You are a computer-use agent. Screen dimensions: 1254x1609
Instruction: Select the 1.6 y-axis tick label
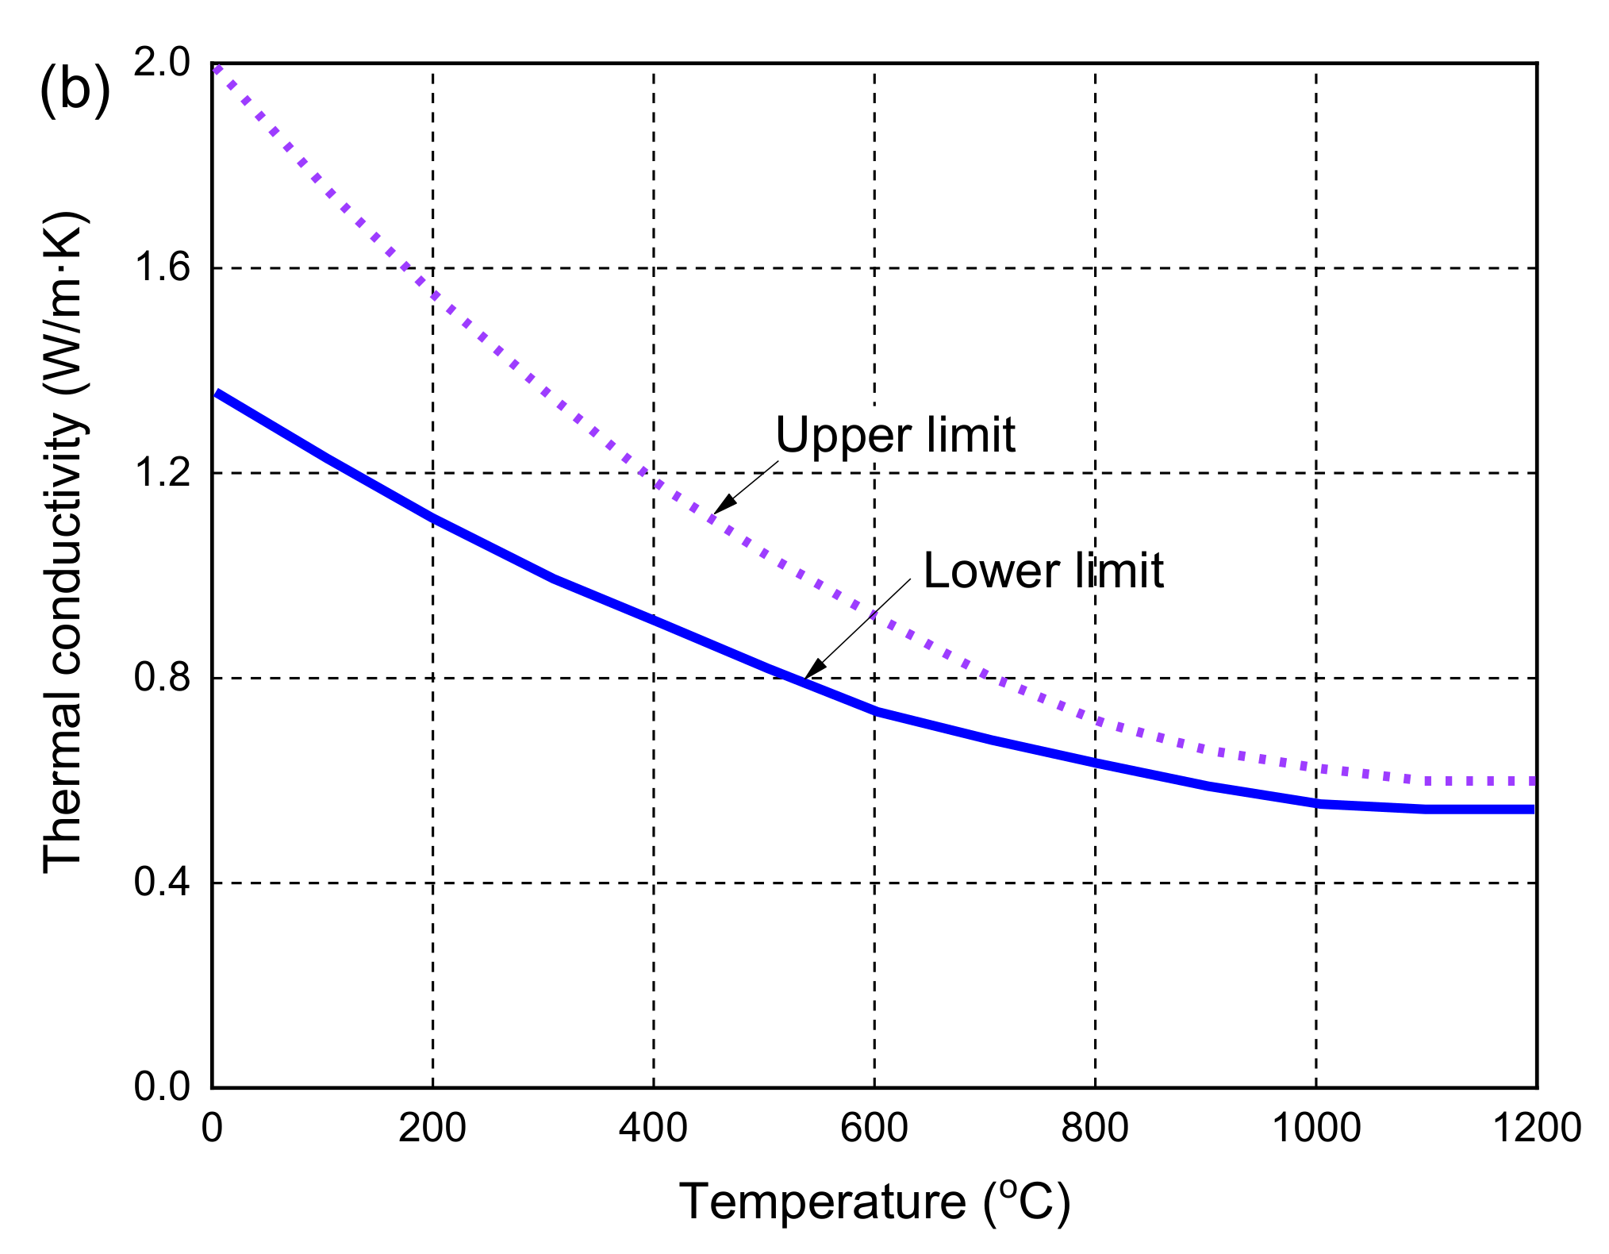point(162,267)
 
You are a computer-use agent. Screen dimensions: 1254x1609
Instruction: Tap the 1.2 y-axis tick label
point(162,472)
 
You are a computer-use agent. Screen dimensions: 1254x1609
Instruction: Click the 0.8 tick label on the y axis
point(162,677)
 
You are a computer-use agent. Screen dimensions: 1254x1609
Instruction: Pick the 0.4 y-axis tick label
point(162,882)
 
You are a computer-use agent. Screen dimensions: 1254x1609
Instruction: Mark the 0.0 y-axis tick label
point(162,1087)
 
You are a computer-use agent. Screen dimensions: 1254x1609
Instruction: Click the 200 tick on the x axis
point(432,1128)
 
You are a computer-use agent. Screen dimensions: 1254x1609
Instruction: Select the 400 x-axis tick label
point(653,1128)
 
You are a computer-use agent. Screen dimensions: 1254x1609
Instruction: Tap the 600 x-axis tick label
point(874,1128)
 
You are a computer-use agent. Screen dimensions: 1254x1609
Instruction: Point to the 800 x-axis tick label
point(1095,1128)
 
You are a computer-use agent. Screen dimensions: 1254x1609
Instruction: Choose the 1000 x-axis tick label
point(1315,1128)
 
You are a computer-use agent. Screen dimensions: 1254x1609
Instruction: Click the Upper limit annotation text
point(895,435)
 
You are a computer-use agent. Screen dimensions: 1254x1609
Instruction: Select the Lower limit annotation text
point(1043,571)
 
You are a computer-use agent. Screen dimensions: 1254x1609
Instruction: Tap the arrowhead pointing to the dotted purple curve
point(723,505)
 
